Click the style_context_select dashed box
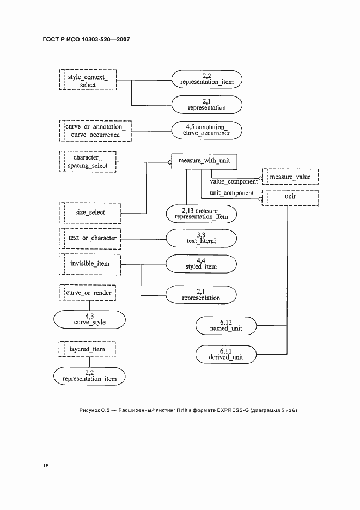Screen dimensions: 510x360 pos(87,81)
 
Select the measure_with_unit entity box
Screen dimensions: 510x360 pos(204,161)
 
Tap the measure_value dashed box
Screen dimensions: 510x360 pos(289,177)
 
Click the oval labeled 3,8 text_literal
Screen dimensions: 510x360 pos(202,238)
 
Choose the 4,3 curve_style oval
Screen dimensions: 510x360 pos(89,319)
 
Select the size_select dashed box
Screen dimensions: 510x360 pos(90,212)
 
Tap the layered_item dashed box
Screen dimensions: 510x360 pos(87,349)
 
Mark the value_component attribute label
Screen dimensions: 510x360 pos(234,181)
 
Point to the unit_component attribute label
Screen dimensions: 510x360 pos(232,193)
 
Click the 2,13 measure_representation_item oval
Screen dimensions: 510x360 pos(201,214)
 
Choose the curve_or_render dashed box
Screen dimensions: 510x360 pos(89,293)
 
